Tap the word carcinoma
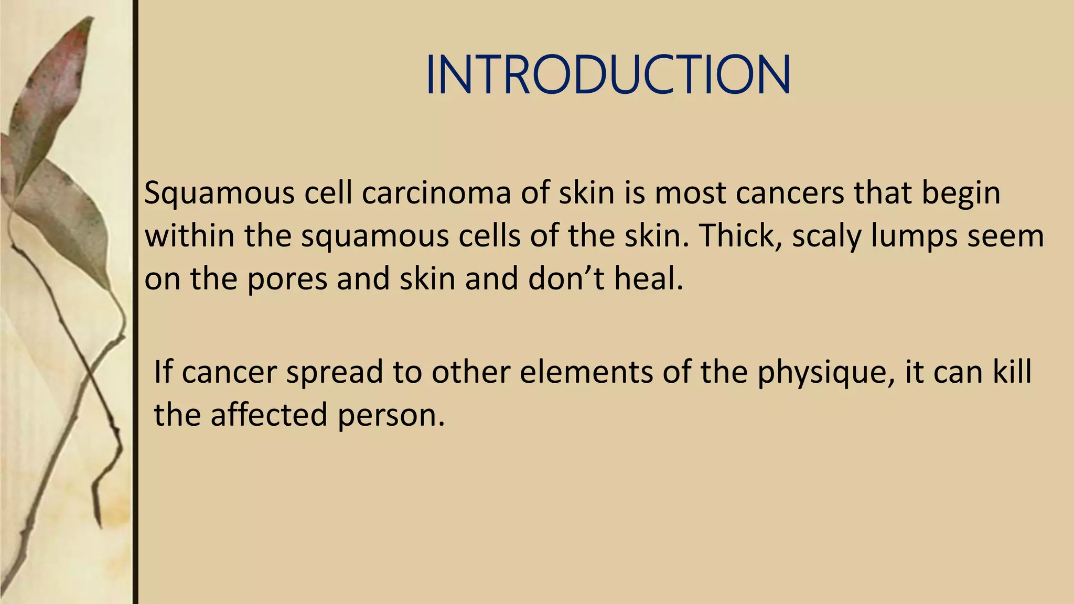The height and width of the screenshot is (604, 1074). point(436,192)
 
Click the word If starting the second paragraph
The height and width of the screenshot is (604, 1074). point(163,372)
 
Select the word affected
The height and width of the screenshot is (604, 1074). point(268,414)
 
